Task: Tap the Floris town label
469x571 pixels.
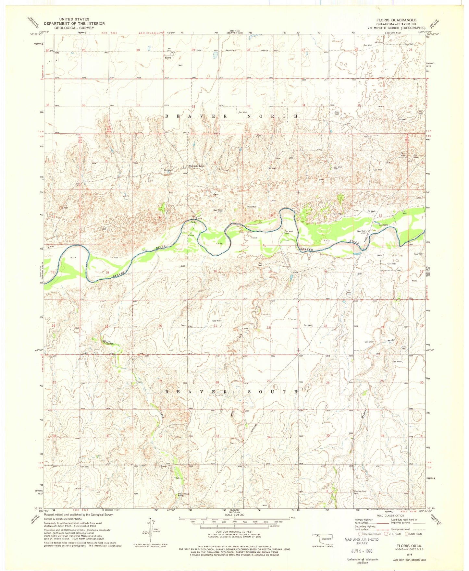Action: [168, 58]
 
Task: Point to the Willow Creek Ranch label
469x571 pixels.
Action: [181, 495]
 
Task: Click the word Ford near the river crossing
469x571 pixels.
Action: [192, 222]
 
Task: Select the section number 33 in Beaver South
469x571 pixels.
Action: [217, 436]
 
